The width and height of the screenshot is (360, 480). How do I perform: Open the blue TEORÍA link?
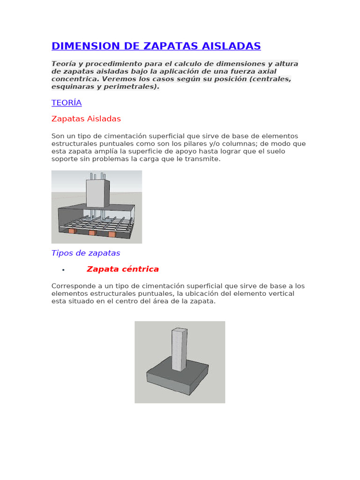coord(67,103)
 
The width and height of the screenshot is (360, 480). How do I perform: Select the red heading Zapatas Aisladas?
coord(86,119)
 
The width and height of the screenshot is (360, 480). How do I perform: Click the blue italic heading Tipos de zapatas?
coord(86,253)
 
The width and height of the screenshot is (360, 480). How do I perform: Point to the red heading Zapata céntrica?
coord(123,269)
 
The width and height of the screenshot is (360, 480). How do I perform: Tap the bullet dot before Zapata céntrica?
coord(63,270)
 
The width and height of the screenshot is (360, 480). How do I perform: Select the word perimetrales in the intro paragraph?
coord(133,87)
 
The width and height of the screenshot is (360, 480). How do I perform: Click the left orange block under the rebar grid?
coord(72,231)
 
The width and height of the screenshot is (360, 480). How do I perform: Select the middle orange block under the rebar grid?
coord(92,232)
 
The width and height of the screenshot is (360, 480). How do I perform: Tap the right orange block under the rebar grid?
coord(112,234)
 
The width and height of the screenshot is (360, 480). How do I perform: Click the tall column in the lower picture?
coord(179,349)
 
